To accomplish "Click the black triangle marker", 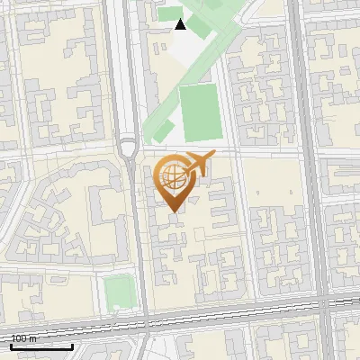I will (x=180, y=24).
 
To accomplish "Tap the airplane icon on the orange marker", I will (x=199, y=164).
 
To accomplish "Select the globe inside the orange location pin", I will (x=173, y=176).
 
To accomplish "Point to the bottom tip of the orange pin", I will (x=174, y=211).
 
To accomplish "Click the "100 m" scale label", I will (x=23, y=338).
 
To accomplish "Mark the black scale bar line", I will (x=41, y=346).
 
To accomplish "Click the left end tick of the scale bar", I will (x=11, y=344).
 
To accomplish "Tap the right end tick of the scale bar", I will (x=72, y=344).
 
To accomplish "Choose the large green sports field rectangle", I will (x=199, y=112).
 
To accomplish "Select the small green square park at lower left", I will (x=117, y=292).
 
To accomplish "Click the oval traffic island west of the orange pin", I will (x=128, y=149).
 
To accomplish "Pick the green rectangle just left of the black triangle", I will (x=168, y=13).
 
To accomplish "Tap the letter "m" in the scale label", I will (x=32, y=338).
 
